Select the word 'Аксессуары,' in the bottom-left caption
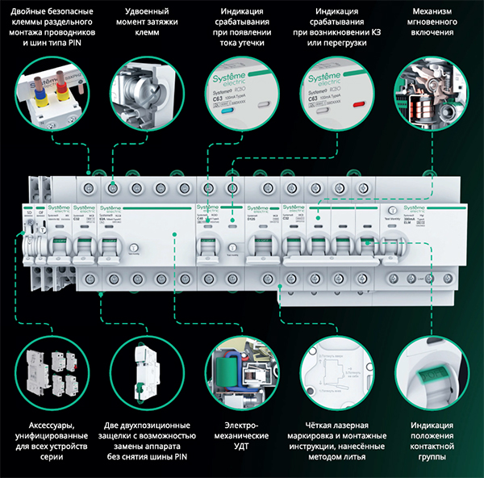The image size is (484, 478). pos(46,425)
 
